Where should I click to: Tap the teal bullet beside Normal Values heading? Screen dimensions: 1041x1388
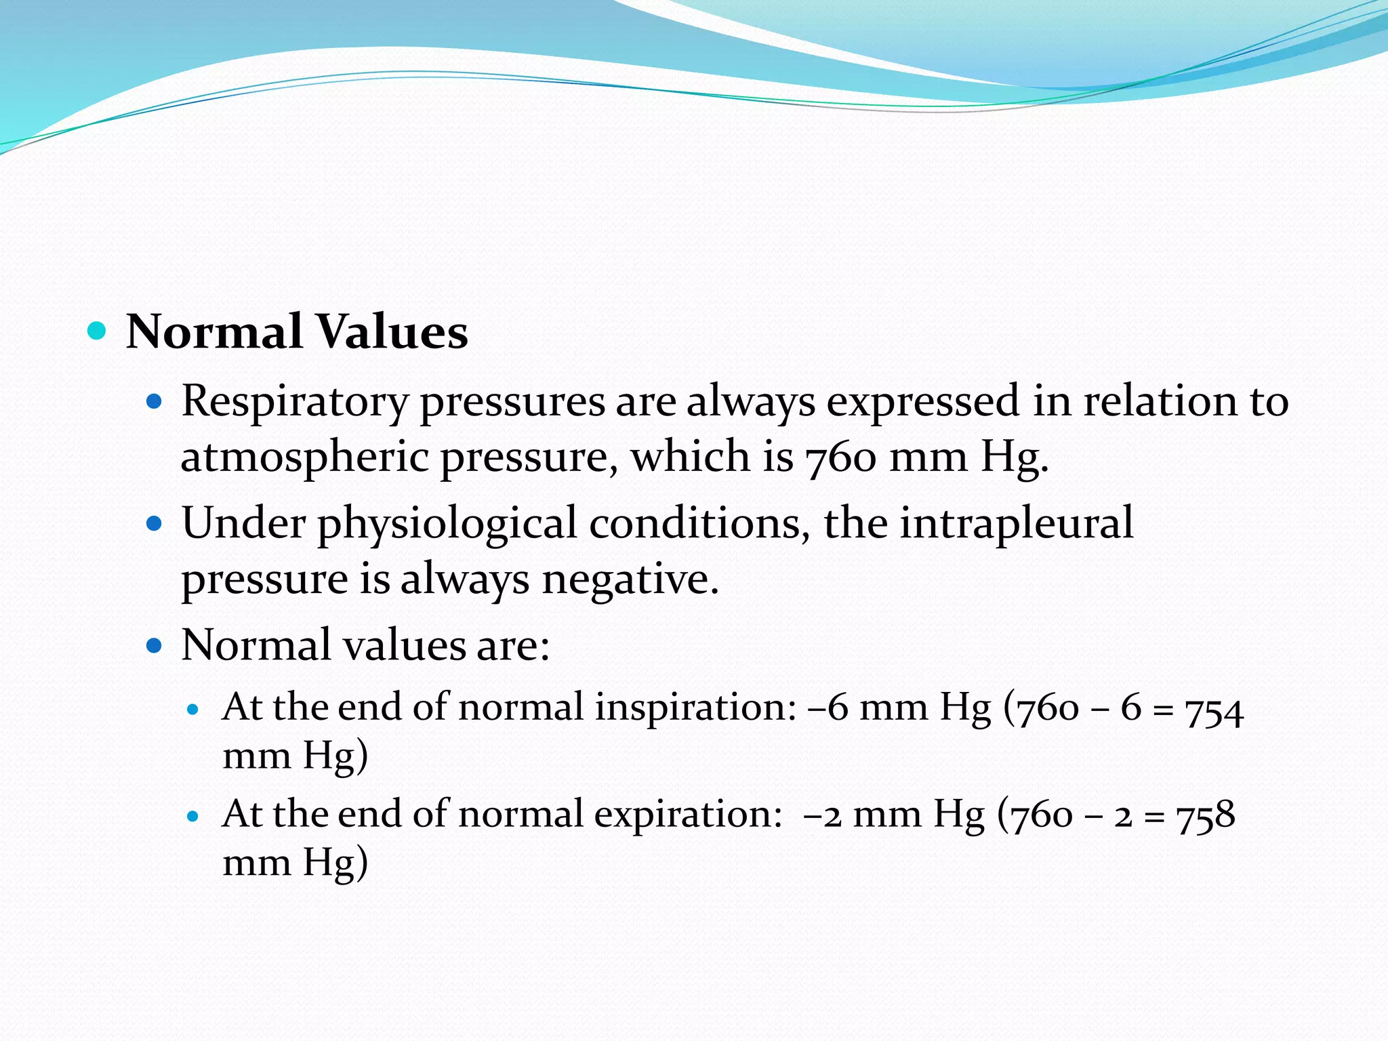point(98,331)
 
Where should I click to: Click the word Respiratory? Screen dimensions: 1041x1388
point(295,402)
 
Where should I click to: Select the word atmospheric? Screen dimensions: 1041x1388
point(304,457)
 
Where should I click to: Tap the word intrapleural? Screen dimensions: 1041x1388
point(1016,524)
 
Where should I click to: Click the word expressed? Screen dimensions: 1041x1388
point(922,402)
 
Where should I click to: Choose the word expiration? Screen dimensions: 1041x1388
point(689,815)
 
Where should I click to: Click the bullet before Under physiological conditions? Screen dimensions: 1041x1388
point(155,524)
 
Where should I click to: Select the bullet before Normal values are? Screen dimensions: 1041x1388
point(155,645)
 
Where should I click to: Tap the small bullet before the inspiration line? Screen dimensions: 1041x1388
point(194,710)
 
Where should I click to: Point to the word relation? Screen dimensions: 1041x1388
point(1162,402)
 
